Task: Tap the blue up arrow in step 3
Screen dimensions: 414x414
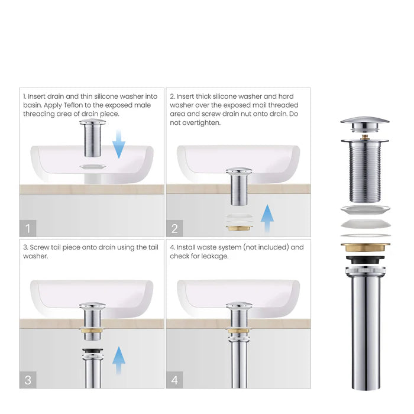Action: tap(119, 360)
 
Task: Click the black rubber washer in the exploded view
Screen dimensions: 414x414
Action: tap(364, 260)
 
